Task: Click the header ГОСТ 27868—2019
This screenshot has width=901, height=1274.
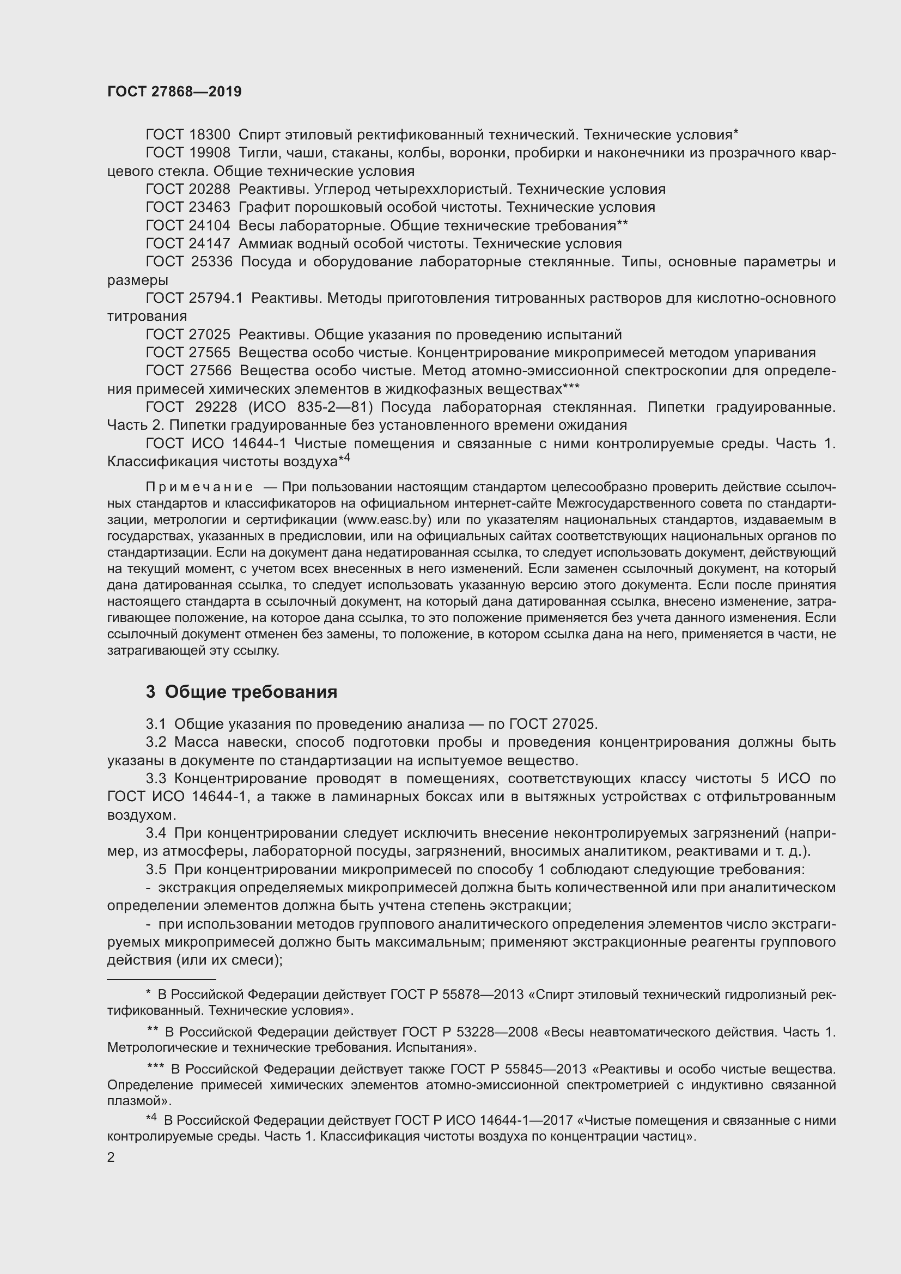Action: pos(174,92)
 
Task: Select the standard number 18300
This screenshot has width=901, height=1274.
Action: pos(210,135)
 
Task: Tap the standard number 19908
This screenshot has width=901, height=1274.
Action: pos(210,153)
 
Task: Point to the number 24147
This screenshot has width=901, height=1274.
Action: pos(210,243)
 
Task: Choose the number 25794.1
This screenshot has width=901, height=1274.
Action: pos(216,298)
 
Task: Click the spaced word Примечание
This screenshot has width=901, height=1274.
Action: pos(200,487)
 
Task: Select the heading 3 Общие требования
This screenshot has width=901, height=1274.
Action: pos(242,692)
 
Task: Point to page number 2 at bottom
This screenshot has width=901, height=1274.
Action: pos(111,1157)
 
